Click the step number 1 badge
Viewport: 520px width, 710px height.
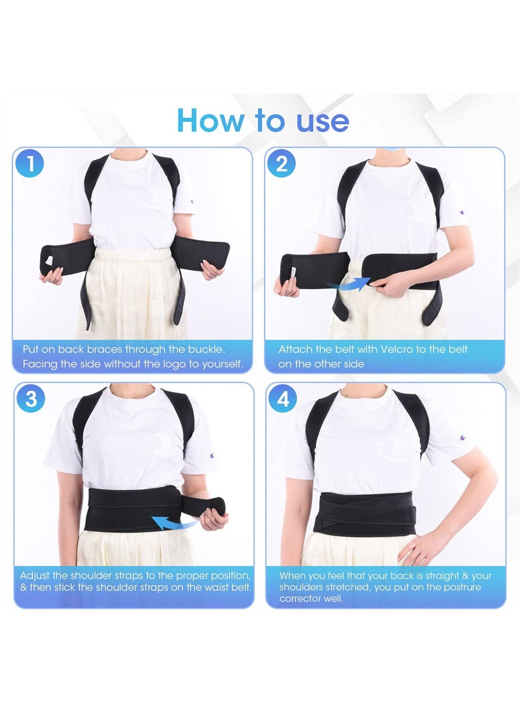pyautogui.click(x=30, y=164)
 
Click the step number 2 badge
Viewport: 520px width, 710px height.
pyautogui.click(x=281, y=163)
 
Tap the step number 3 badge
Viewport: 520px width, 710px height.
pyautogui.click(x=31, y=399)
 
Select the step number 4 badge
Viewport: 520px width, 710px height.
pyautogui.click(x=283, y=399)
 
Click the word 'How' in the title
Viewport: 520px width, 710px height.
pyautogui.click(x=207, y=120)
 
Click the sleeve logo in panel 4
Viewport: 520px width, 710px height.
pyautogui.click(x=462, y=438)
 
